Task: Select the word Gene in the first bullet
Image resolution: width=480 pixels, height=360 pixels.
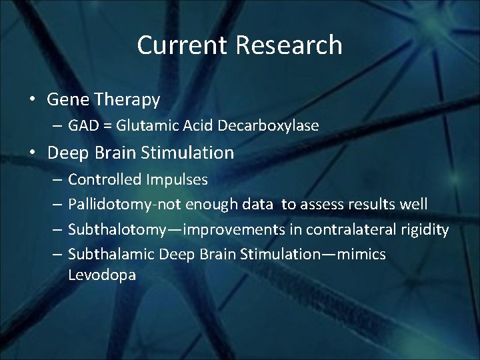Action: (x=68, y=100)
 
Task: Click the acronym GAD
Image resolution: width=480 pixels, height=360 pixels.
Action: (x=83, y=125)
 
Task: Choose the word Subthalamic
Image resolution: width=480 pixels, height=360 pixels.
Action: (x=110, y=255)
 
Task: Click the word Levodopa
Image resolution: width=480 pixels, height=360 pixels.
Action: (x=102, y=275)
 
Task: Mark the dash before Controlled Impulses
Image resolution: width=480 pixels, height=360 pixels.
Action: (x=57, y=180)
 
